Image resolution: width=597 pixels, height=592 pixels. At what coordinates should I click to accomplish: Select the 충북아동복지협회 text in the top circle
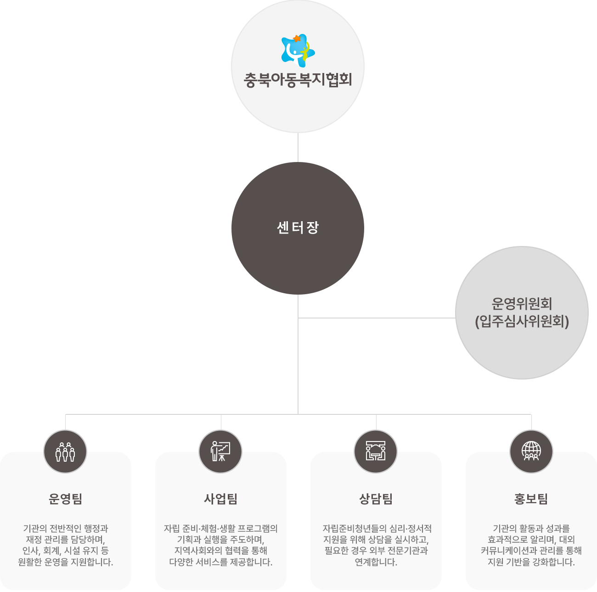[298, 80]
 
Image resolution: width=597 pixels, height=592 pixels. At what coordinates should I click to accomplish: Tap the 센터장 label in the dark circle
[298, 228]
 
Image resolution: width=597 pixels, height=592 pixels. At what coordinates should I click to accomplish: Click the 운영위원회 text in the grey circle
[522, 303]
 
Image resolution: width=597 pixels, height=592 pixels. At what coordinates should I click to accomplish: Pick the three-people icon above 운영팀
[65, 452]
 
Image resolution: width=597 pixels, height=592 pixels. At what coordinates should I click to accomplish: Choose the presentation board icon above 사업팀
[220, 452]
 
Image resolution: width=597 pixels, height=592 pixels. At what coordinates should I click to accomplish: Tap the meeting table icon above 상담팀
[376, 452]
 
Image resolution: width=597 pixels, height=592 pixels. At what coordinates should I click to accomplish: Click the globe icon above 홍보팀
[531, 452]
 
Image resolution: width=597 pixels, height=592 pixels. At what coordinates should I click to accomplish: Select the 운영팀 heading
[65, 499]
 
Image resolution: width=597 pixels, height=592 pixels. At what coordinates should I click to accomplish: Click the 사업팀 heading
[220, 499]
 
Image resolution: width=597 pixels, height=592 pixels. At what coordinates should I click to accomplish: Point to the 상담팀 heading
[376, 499]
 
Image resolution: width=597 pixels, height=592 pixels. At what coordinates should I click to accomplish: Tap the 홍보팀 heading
[531, 499]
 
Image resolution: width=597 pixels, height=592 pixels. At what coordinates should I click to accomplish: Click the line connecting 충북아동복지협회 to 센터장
[298, 147]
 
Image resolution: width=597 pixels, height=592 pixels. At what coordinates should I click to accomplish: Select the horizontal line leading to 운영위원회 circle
[377, 318]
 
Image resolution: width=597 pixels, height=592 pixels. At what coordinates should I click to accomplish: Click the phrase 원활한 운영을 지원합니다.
[65, 562]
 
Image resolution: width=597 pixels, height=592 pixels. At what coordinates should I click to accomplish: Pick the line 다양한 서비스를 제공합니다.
[220, 562]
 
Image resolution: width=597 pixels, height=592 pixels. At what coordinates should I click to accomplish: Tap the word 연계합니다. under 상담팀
[376, 562]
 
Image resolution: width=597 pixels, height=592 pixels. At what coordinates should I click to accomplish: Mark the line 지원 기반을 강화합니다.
[531, 562]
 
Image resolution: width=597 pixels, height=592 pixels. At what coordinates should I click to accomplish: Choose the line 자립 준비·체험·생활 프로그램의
[220, 529]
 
